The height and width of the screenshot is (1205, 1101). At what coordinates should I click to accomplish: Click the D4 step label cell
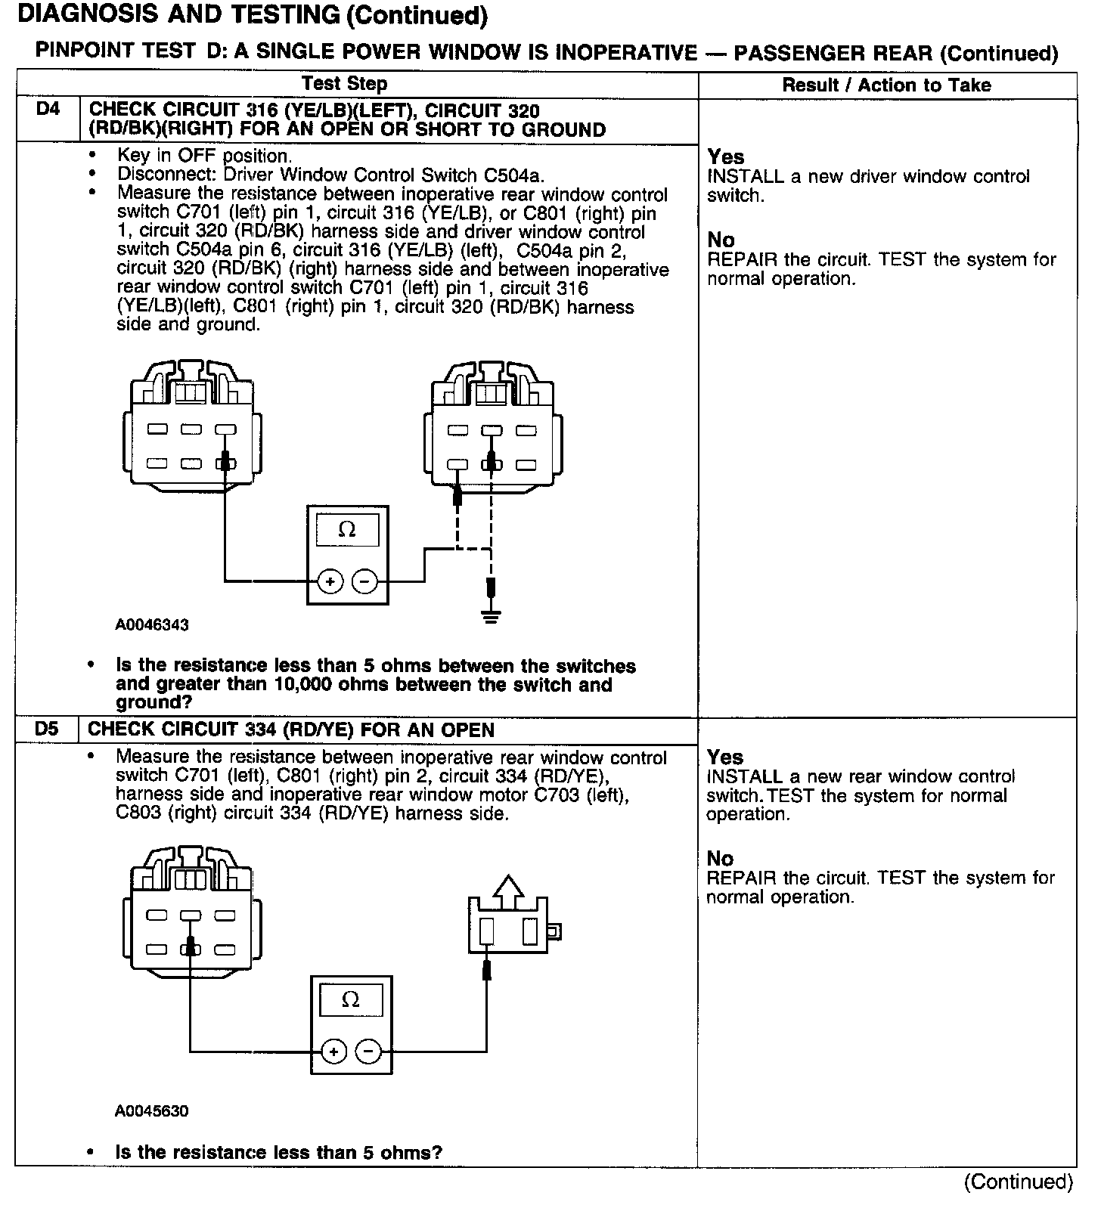pyautogui.click(x=47, y=110)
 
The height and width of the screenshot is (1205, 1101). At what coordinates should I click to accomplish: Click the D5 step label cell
pyautogui.click(x=47, y=730)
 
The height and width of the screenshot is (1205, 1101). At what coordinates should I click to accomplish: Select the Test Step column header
pyautogui.click(x=344, y=84)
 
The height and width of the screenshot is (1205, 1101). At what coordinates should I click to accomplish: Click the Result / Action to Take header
pyautogui.click(x=886, y=85)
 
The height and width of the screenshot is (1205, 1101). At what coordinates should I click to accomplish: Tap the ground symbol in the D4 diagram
pyautogui.click(x=491, y=617)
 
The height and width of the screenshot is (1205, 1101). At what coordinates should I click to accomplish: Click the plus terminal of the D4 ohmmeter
pyautogui.click(x=330, y=581)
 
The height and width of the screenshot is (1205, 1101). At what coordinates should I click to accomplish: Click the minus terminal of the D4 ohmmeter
pyautogui.click(x=364, y=581)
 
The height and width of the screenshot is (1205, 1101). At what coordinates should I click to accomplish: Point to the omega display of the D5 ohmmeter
pyautogui.click(x=351, y=1001)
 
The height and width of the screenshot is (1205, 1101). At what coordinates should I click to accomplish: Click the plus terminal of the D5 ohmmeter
pyautogui.click(x=333, y=1051)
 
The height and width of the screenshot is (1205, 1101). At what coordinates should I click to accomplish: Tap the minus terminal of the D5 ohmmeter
pyautogui.click(x=368, y=1051)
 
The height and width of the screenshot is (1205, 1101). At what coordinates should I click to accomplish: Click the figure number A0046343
pyautogui.click(x=152, y=625)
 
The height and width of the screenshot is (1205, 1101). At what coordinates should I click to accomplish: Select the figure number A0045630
pyautogui.click(x=152, y=1111)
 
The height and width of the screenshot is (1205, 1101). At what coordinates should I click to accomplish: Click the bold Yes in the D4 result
pyautogui.click(x=726, y=157)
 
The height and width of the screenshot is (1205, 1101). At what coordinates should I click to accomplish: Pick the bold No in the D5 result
pyautogui.click(x=720, y=859)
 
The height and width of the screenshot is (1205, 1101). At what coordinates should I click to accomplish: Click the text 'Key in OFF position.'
pyautogui.click(x=204, y=156)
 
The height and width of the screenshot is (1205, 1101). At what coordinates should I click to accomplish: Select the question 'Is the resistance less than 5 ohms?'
pyautogui.click(x=278, y=1153)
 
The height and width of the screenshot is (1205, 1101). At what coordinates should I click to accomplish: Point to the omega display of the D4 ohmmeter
pyautogui.click(x=347, y=529)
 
